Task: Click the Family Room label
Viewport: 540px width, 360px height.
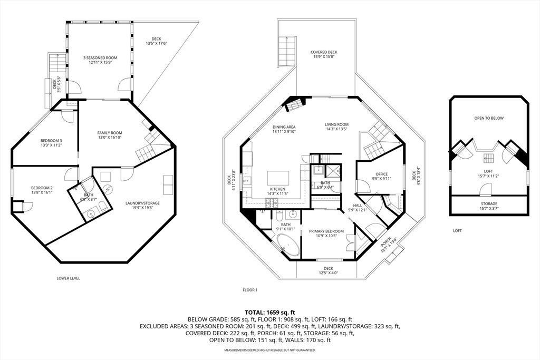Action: click(110, 133)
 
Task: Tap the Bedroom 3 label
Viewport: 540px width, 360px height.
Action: click(51, 141)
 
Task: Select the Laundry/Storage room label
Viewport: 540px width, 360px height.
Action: click(142, 203)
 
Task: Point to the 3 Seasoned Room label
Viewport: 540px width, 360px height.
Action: click(100, 58)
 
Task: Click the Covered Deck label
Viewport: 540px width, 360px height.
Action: click(324, 52)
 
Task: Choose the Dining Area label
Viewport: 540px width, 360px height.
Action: click(284, 127)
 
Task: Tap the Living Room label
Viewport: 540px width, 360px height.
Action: click(336, 124)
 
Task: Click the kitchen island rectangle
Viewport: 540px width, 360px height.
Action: click(278, 178)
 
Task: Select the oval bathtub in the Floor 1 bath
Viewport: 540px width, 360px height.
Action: click(288, 245)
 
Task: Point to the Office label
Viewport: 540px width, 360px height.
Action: click(382, 174)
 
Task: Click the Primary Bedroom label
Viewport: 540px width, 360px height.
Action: click(326, 231)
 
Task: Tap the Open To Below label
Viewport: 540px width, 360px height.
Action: click(489, 118)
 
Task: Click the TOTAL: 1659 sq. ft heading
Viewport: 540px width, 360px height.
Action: click(270, 313)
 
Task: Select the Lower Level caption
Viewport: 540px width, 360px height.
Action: click(68, 278)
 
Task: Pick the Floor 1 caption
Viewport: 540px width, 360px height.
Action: click(250, 290)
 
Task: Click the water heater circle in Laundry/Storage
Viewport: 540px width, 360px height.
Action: click(109, 189)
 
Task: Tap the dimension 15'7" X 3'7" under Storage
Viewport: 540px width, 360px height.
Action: click(489, 208)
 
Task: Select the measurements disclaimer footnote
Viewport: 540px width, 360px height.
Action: click(270, 351)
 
